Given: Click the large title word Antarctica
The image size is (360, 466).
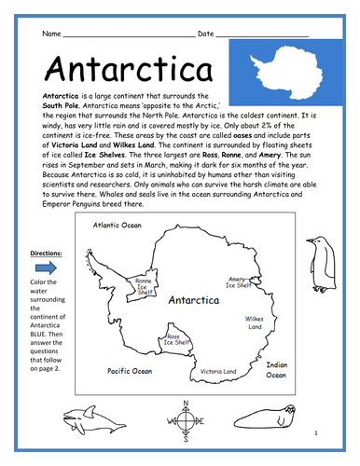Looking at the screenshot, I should coord(115,71).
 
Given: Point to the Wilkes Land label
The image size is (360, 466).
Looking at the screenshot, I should coord(255,322).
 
